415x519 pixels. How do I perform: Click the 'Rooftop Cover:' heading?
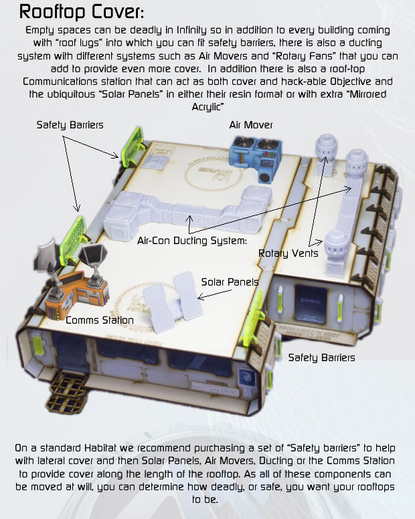(82, 12)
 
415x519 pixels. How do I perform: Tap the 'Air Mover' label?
(251, 125)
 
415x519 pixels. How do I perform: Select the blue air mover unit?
(256, 159)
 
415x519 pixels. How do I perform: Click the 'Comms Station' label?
(99, 320)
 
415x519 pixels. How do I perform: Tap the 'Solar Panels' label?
(230, 282)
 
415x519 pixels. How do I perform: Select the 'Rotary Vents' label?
(288, 253)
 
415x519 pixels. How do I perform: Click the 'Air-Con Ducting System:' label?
(192, 241)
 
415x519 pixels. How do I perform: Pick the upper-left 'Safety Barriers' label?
(70, 125)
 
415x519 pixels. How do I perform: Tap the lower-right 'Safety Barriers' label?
(321, 358)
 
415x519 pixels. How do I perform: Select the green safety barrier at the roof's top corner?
(132, 146)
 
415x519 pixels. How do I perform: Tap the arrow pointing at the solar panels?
(215, 294)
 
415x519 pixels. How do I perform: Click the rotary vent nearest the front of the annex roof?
(335, 252)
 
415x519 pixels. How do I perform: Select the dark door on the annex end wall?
(311, 304)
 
